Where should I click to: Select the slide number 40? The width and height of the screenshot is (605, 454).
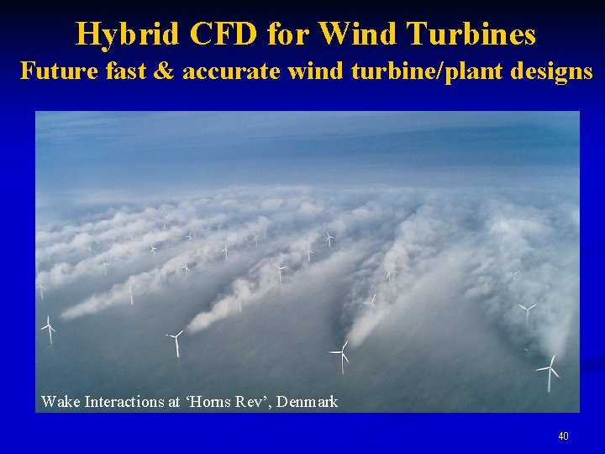coord(563,436)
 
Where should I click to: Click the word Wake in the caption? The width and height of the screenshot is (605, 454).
coord(60,402)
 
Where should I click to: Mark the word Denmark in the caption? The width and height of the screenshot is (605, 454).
coord(308,402)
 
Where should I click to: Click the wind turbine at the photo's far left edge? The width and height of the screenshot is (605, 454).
coord(49,328)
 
